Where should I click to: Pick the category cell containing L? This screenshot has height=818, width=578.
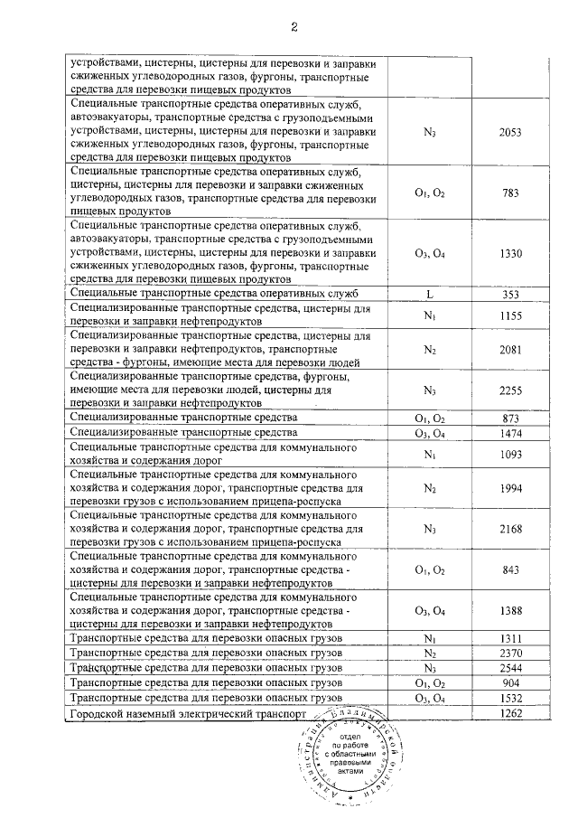coord(430,294)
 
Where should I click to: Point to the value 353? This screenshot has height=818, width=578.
coord(510,294)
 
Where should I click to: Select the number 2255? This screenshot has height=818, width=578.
coord(510,390)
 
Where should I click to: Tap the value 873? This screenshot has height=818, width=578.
coord(510,419)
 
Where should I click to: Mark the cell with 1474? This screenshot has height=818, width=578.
coord(510,435)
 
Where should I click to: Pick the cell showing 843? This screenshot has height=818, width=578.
coord(510,569)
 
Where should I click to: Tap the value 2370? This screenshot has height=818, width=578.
coord(510,653)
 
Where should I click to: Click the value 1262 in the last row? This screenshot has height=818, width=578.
coord(510,715)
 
